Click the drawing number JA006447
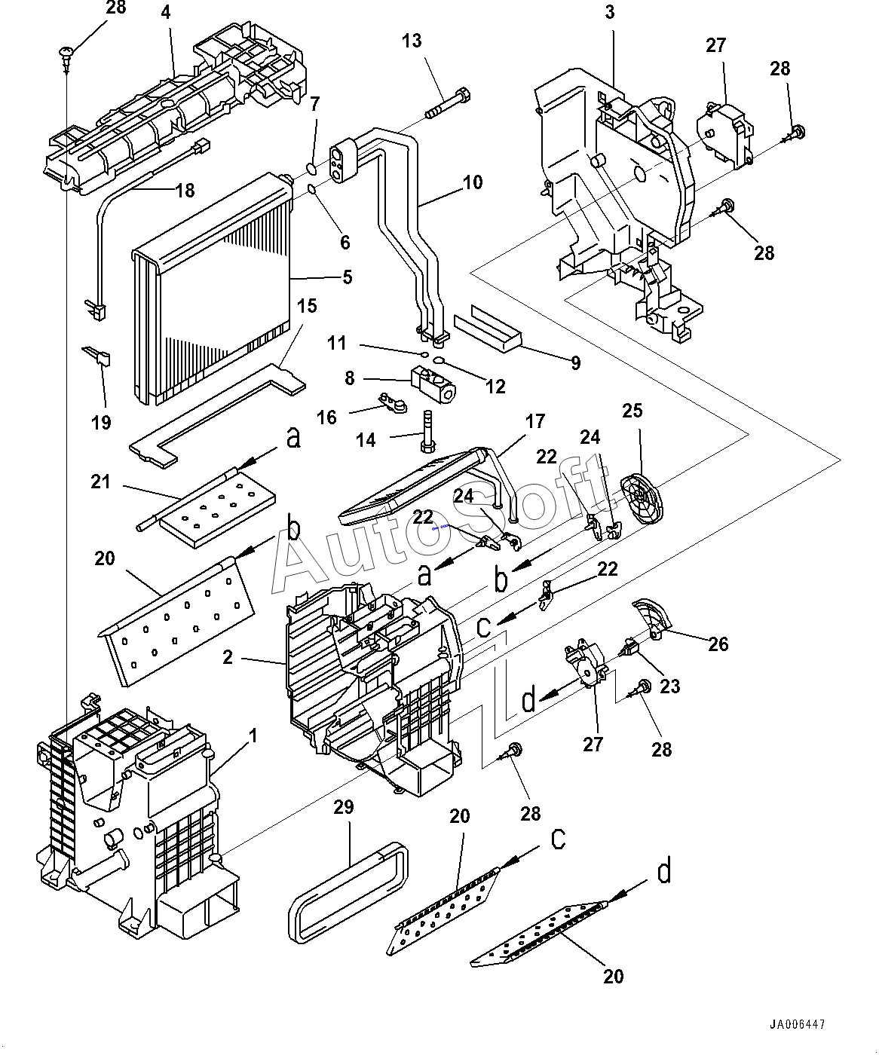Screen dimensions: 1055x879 797,1026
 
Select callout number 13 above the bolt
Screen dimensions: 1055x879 412,41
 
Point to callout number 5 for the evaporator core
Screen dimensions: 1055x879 347,277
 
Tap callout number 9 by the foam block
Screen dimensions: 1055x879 575,363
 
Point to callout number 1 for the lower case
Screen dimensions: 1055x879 253,735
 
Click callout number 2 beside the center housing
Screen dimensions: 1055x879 228,658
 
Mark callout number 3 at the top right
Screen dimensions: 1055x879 609,12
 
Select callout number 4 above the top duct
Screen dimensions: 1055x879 165,13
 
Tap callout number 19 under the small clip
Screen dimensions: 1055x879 101,422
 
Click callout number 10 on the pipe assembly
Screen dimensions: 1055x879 472,182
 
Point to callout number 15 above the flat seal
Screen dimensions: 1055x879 307,306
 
